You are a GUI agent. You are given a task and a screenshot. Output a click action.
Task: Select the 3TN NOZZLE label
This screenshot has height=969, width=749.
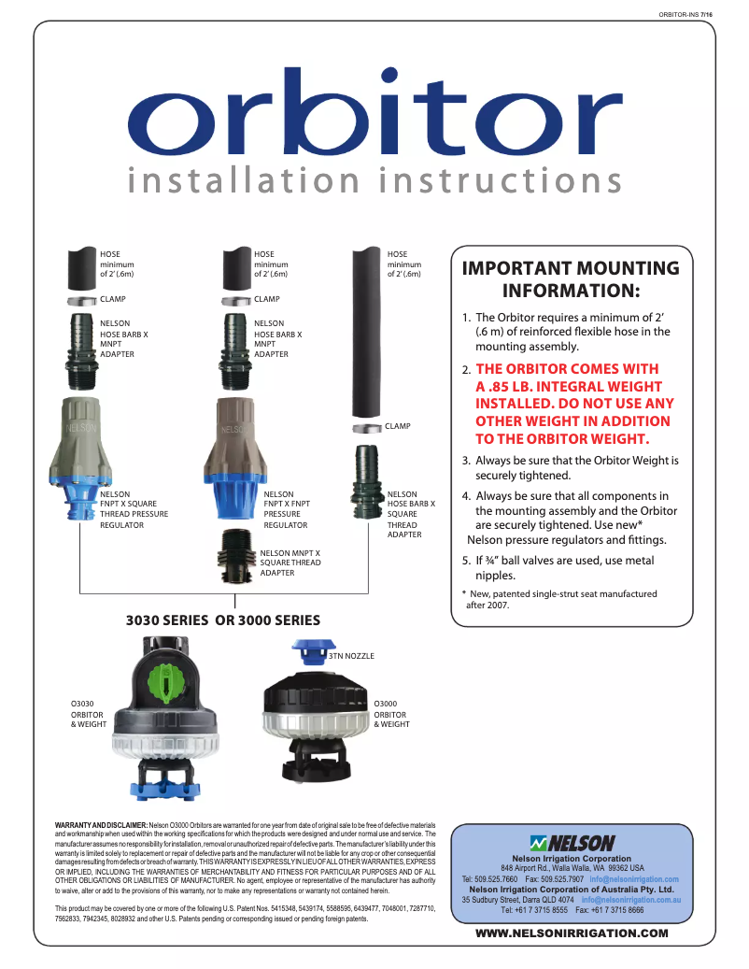tap(351, 657)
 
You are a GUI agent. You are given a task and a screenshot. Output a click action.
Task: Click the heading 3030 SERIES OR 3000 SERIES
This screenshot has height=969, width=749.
tap(223, 620)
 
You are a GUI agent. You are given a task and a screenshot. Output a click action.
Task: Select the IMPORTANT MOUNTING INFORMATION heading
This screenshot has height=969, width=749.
tap(571, 279)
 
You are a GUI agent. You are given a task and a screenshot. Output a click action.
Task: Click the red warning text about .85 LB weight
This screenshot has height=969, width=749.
tap(573, 404)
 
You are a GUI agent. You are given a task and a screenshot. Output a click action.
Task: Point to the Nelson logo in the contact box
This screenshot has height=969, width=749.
tap(572, 842)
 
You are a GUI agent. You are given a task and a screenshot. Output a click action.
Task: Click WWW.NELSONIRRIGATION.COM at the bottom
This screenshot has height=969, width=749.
tap(572, 933)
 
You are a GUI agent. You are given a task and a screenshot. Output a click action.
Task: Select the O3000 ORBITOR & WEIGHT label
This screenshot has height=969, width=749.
tap(391, 714)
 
